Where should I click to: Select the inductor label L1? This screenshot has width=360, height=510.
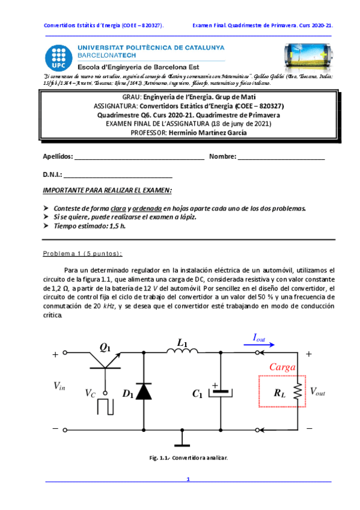(183, 343)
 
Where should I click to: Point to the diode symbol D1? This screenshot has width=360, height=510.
(143, 392)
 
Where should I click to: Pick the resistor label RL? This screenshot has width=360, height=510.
(279, 393)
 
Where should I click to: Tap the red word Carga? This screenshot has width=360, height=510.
(281, 367)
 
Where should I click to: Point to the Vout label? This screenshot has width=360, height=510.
(317, 392)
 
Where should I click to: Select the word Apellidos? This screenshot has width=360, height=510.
(57, 157)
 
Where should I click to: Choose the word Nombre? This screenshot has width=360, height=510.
(222, 157)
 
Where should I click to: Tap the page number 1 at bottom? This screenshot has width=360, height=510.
(188, 479)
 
